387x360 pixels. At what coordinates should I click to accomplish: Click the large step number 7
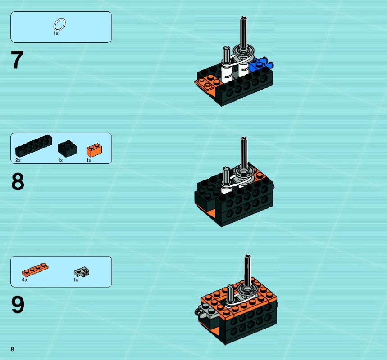click(17, 60)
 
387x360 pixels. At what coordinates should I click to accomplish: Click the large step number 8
click(18, 181)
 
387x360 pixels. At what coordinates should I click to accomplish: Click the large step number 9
click(18, 305)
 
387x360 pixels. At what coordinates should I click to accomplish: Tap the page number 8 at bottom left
click(12, 349)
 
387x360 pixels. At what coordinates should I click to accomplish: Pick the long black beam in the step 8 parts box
click(34, 146)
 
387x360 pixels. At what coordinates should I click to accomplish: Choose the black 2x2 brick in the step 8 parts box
click(68, 148)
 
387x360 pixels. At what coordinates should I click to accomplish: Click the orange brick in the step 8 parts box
click(95, 150)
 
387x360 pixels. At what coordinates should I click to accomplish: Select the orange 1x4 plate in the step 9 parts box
click(35, 270)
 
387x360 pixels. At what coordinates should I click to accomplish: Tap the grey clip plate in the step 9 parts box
click(82, 272)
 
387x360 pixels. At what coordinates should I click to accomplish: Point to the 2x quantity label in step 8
click(18, 160)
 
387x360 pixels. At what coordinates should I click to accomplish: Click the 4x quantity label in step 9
click(25, 280)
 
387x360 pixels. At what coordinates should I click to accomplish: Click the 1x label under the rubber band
click(56, 33)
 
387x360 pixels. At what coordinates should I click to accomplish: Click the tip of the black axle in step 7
click(244, 18)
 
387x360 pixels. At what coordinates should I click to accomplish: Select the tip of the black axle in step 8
click(244, 139)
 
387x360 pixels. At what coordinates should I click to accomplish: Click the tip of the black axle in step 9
click(247, 256)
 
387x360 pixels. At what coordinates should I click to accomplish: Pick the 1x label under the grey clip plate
click(76, 280)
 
